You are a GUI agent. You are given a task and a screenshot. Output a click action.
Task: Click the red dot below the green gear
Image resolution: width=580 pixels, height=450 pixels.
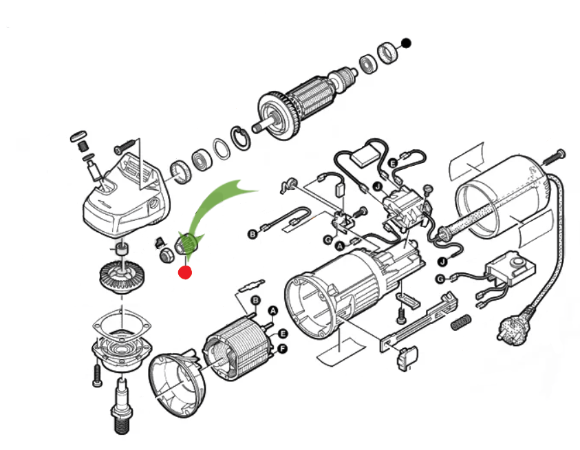pyautogui.click(x=185, y=272)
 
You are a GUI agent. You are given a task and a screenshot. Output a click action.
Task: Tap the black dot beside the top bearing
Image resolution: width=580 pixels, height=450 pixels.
pyautogui.click(x=406, y=43)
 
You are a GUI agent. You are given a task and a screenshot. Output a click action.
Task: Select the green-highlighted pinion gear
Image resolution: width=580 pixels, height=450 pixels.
pyautogui.click(x=189, y=243)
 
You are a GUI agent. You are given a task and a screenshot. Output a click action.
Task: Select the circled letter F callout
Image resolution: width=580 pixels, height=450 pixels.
pyautogui.click(x=281, y=349)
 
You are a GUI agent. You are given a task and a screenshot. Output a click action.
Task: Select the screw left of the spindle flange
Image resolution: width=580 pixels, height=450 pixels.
pyautogui.click(x=96, y=372)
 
